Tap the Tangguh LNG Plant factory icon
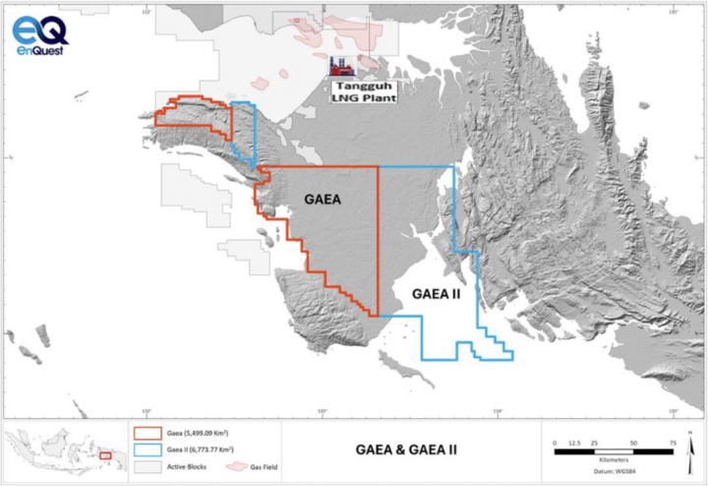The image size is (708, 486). coord(343,67)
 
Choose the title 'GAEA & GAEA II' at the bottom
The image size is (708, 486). coord(411,451)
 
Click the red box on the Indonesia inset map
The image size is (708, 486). coord(105,456)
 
